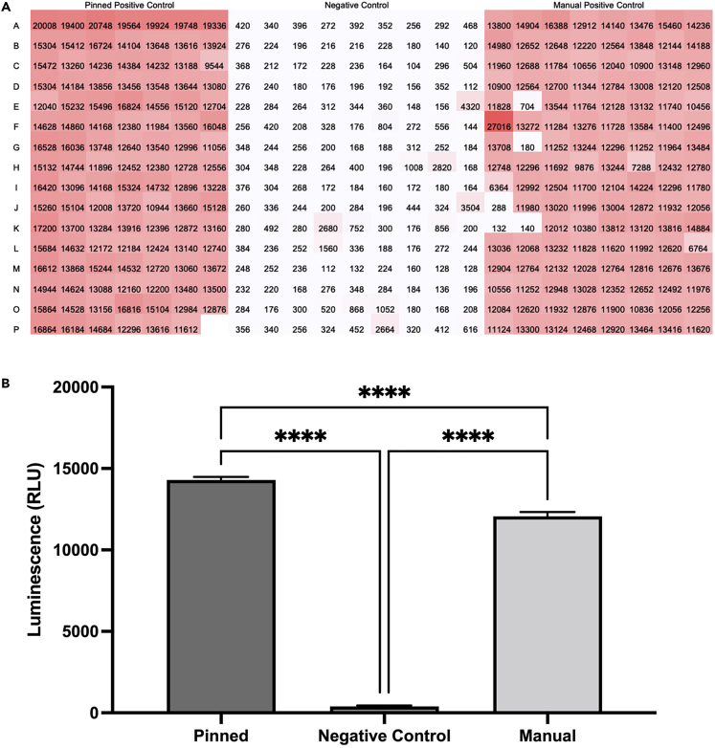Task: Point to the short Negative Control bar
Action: pyautogui.click(x=384, y=709)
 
